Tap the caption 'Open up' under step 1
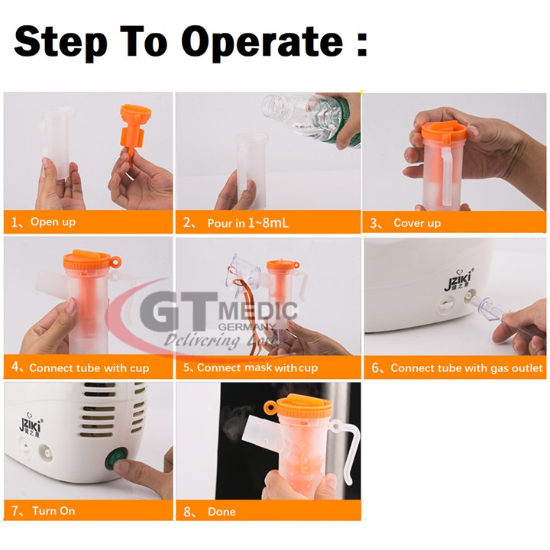tap(53, 222)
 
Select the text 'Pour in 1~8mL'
tap(248, 223)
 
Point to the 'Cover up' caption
tap(417, 223)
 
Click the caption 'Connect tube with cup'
tap(89, 367)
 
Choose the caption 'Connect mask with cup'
tap(257, 367)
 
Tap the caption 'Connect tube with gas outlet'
tap(467, 367)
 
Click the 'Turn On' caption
tap(53, 511)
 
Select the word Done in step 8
tap(222, 511)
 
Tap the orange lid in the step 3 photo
tap(444, 132)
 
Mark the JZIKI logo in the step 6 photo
tap(459, 280)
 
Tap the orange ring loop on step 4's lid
tap(115, 262)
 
